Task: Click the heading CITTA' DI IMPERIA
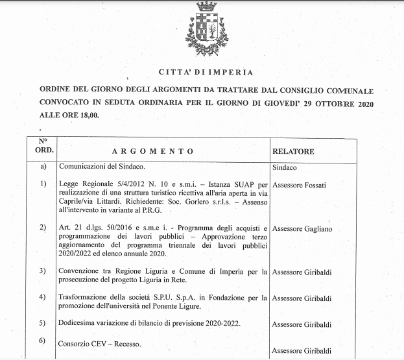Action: [x=206, y=72]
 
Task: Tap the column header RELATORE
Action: [x=293, y=151]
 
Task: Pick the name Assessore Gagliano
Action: [x=302, y=229]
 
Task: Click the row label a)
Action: [x=43, y=167]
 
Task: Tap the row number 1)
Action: [x=43, y=185]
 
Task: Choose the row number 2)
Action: [x=43, y=228]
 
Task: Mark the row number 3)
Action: [x=43, y=270]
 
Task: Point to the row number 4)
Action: [x=43, y=298]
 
